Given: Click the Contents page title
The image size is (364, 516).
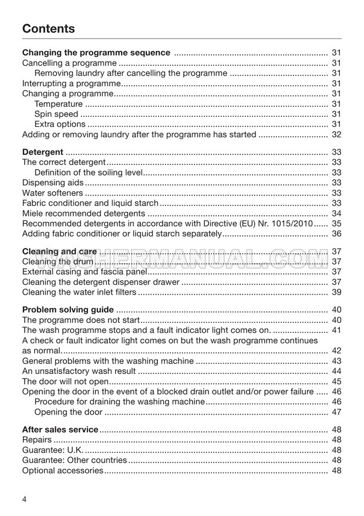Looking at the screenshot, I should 49,29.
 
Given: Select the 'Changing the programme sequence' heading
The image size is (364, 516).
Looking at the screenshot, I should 96,53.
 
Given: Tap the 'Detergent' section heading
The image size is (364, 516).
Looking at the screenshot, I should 42,152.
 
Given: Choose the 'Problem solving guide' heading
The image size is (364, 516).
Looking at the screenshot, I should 68,310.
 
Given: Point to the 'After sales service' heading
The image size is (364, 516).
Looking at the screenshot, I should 60,430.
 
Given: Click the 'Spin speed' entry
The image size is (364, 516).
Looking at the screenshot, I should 56,114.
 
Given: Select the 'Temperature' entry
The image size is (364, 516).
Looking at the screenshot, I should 59,104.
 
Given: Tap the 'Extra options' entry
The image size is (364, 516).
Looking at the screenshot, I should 60,124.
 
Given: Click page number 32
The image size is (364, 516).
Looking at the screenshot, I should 336,134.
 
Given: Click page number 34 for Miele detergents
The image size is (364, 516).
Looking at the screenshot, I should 336,213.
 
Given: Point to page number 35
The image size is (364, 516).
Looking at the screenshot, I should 336,224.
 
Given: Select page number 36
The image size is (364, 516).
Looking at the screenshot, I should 336,234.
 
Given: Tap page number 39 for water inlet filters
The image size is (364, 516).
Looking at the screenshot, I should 336,292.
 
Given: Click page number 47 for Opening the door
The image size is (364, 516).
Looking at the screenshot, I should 336,412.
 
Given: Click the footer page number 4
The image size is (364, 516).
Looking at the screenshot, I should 24,500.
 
